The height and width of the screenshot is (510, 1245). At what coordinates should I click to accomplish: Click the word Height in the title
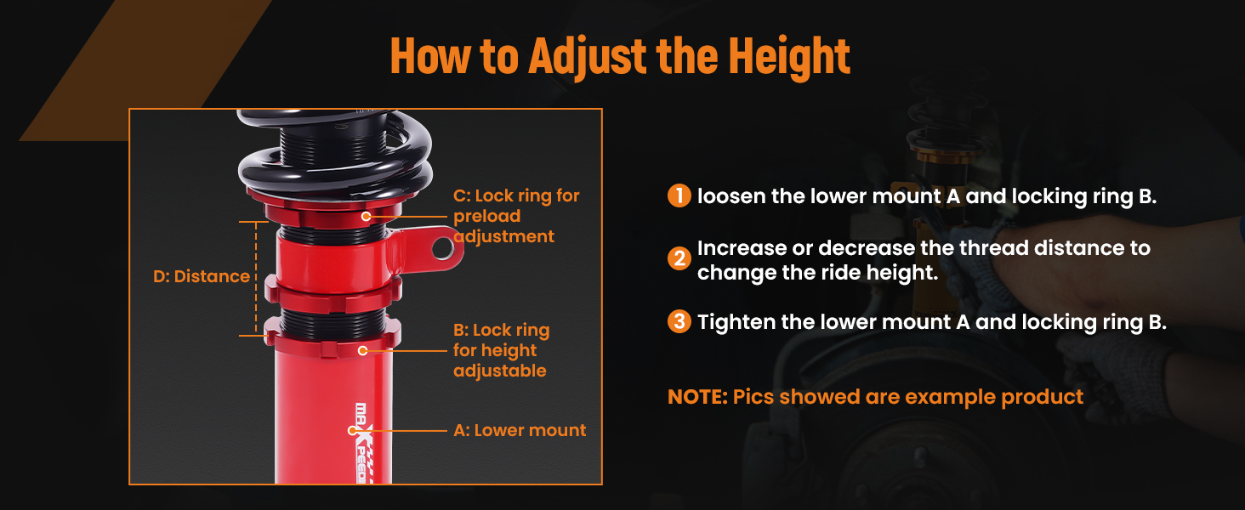coord(789,55)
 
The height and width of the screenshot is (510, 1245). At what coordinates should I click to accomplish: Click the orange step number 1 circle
coord(679,195)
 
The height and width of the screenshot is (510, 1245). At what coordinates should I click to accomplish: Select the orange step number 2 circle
coord(679,258)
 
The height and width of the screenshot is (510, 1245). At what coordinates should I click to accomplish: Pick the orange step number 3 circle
coord(679,321)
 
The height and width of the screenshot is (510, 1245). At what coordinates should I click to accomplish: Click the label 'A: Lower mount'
coord(520,430)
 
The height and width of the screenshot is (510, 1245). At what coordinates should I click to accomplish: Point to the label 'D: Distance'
coord(202,276)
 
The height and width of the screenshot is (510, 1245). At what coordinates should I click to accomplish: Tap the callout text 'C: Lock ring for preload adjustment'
coord(516,216)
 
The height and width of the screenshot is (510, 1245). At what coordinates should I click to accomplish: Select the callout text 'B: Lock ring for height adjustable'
coord(502,350)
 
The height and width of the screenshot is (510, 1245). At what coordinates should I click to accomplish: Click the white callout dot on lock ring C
coord(366,216)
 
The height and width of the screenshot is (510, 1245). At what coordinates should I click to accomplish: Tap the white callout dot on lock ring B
coord(362,350)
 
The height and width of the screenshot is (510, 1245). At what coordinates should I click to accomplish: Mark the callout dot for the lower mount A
coord(352,431)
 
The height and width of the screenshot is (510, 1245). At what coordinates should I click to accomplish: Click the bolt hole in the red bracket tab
coord(443,248)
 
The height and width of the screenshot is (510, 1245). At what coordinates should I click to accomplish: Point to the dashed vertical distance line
coord(256,278)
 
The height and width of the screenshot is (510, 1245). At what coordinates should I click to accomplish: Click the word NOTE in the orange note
coord(697,397)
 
